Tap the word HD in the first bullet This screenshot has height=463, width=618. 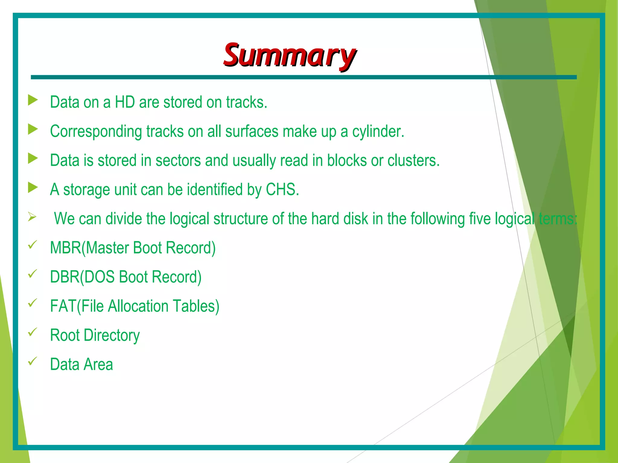125,102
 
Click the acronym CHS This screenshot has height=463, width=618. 282,190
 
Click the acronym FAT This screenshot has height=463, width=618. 63,306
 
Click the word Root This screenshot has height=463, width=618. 65,335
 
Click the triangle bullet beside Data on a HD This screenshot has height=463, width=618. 33,100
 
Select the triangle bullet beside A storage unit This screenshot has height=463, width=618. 33,187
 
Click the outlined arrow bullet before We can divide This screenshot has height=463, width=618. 32,217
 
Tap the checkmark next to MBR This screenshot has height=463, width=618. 32,245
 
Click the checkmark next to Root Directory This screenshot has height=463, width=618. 32,332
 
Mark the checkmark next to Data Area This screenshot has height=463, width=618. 32,361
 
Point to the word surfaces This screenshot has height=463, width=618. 252,131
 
